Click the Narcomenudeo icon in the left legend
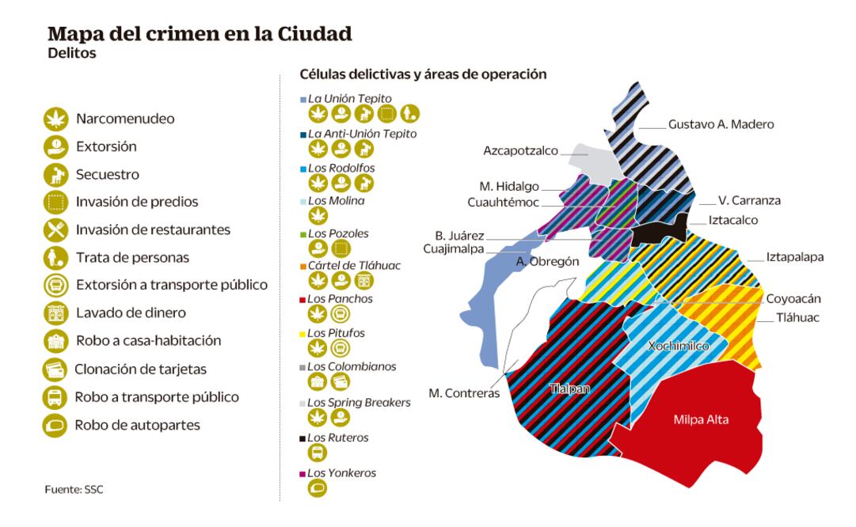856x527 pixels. [53, 119]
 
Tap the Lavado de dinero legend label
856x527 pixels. [121, 313]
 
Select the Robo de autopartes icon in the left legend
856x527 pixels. [53, 425]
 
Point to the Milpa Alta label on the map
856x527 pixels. [701, 419]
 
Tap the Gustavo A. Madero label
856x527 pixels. [721, 124]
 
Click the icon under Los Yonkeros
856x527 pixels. [318, 489]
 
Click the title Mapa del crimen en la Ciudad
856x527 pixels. [200, 35]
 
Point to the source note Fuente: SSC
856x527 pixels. [74, 490]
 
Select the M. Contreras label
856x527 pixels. [464, 392]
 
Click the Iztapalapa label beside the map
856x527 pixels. [795, 257]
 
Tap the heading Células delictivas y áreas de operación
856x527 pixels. [423, 74]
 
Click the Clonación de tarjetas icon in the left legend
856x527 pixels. [53, 370]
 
